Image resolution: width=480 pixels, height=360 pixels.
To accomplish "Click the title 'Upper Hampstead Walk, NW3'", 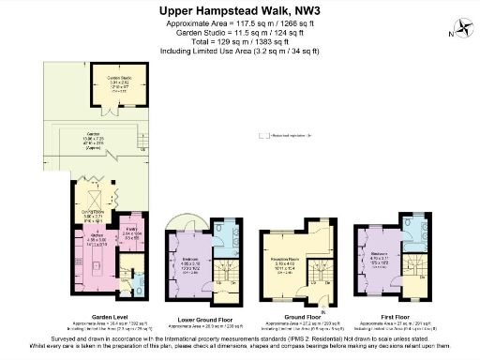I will [239, 10].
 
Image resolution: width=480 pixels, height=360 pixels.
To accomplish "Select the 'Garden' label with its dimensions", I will [94, 140].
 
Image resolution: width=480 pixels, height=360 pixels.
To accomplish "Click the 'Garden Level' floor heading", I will [97, 316].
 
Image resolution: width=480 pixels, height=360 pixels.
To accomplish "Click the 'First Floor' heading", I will [386, 316].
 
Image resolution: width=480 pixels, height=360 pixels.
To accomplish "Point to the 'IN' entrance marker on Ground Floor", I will [321, 309].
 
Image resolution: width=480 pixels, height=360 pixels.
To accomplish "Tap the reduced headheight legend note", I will [287, 135].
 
